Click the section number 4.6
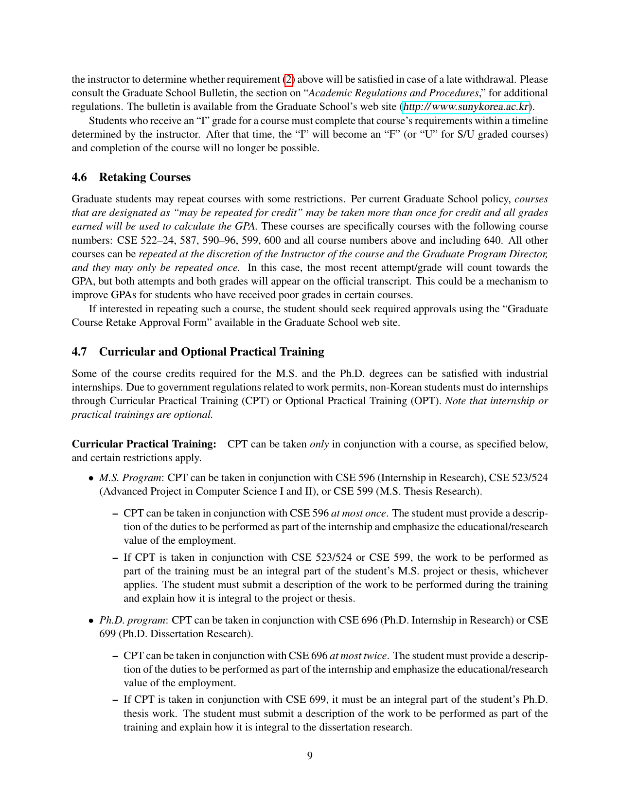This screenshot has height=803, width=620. [x=79, y=177]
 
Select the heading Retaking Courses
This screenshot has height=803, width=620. [x=144, y=177]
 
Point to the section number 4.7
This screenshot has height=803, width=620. [x=79, y=352]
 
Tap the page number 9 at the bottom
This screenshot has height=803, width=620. [x=310, y=755]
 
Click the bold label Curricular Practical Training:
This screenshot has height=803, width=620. [x=144, y=444]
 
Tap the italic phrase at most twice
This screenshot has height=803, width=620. [x=358, y=656]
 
